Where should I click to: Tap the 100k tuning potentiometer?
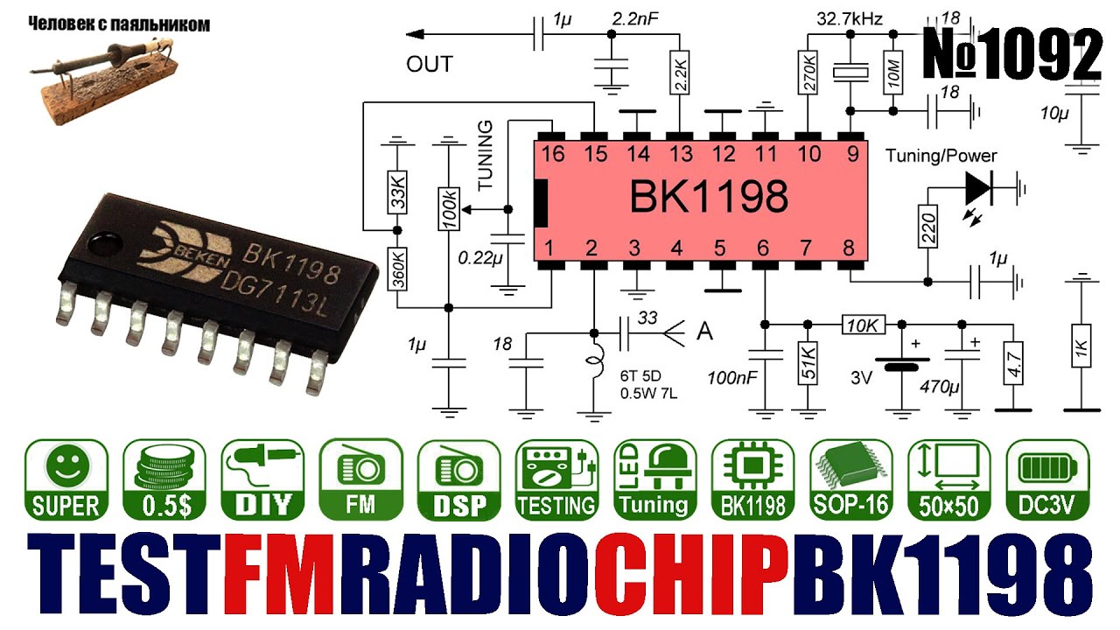pyautogui.click(x=448, y=209)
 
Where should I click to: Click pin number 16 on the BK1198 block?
pyautogui.click(x=552, y=154)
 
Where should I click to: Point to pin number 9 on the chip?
pyautogui.click(x=848, y=154)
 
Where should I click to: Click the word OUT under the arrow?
pyautogui.click(x=430, y=65)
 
